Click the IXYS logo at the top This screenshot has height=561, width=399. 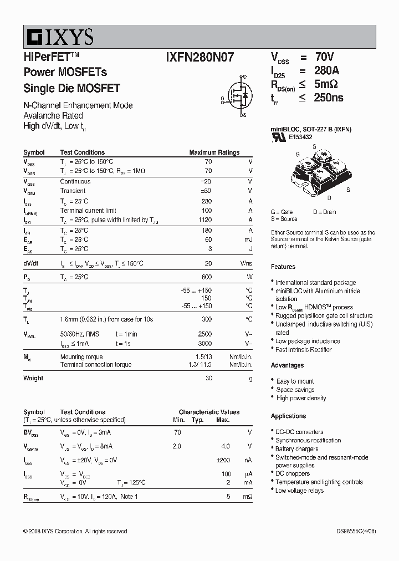pos(59,37)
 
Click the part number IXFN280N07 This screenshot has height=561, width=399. pos(200,57)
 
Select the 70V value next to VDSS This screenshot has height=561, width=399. pos(325,57)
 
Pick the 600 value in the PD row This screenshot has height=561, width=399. pos(206,277)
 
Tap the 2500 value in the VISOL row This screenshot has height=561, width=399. pos(204,334)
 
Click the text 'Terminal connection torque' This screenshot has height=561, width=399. pos(96,365)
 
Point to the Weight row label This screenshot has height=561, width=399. pos(33,378)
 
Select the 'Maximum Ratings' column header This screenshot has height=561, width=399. pos(214,152)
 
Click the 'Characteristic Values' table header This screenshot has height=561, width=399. pos(209,412)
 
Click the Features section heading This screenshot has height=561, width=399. pos(283,267)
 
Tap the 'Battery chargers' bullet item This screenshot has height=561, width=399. pos(296,449)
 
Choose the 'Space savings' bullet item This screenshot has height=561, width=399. pos(295,390)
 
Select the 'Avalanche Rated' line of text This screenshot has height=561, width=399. pos(53,115)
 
